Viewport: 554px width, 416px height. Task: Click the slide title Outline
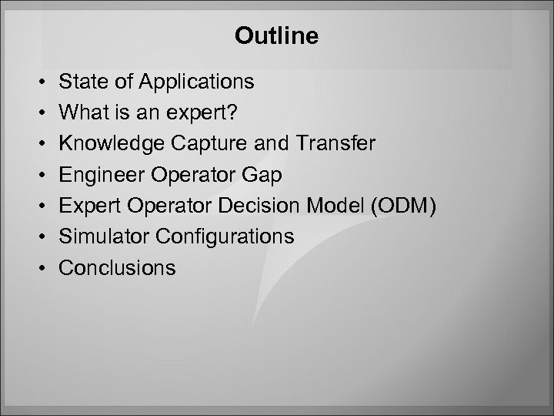276,36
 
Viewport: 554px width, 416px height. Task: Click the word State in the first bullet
79,81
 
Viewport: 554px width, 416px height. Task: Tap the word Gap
263,176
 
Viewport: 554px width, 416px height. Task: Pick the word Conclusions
117,267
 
